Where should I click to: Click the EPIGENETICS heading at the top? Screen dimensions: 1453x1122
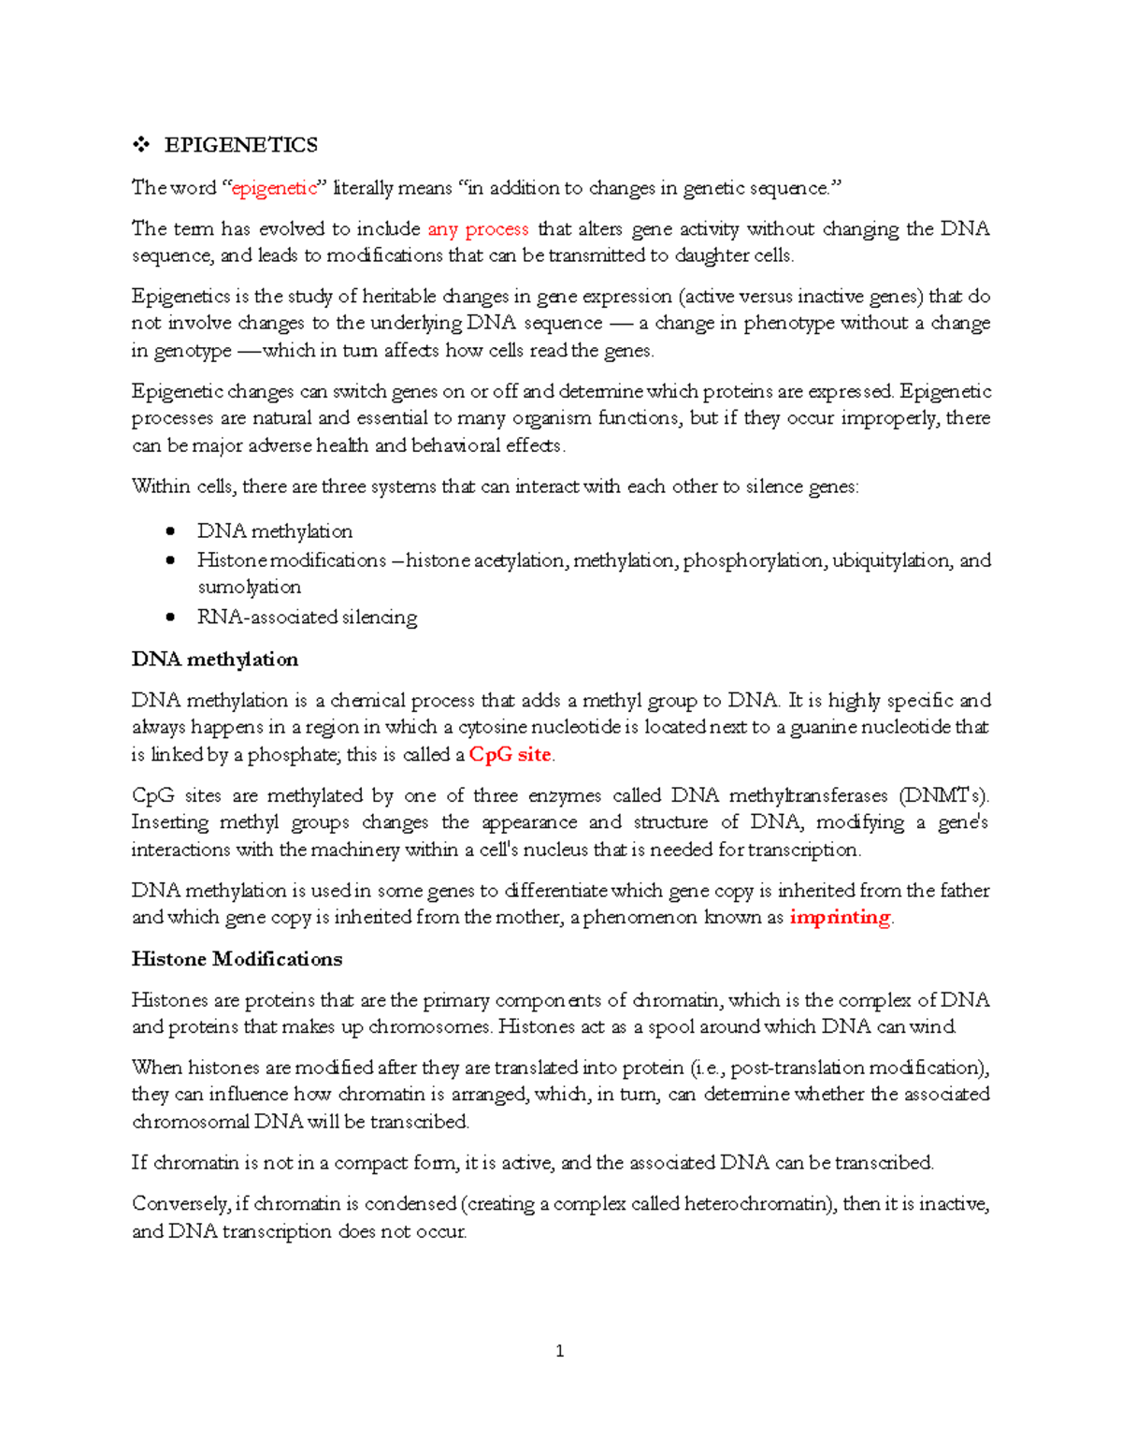pos(240,145)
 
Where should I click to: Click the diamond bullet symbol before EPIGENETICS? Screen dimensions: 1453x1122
pos(141,145)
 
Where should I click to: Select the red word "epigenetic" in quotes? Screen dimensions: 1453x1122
pos(275,188)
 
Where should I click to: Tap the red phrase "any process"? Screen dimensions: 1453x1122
pos(478,229)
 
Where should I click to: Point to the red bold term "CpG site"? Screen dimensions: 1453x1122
pos(511,755)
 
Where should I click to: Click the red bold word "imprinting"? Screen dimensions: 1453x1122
pos(840,917)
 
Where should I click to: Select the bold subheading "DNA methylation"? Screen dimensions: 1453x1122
pos(215,660)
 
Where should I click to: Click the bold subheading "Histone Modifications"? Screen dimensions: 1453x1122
pos(237,959)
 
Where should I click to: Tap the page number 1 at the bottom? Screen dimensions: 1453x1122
pos(559,1351)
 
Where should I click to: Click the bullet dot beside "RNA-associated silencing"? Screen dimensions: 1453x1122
pos(169,618)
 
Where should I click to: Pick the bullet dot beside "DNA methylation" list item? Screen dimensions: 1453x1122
pos(169,531)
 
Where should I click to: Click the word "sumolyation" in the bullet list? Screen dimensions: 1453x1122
pos(249,588)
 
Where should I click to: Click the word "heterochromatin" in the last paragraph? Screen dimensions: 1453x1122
pos(758,1204)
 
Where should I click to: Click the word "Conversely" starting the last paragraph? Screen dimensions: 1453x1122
pos(180,1204)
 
